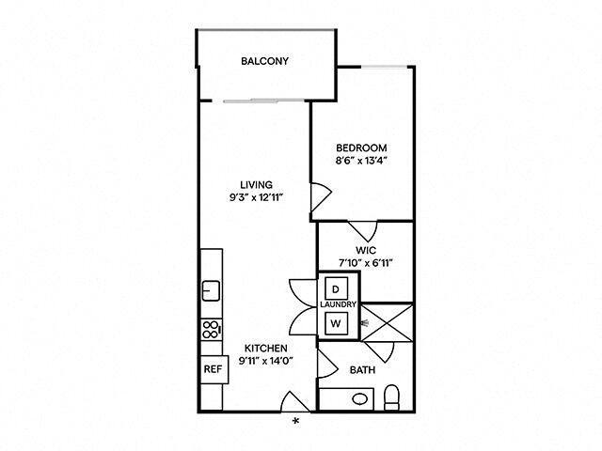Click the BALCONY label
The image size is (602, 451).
click(264, 62)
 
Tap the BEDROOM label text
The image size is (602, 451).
click(362, 148)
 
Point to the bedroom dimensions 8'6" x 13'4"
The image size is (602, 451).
click(362, 161)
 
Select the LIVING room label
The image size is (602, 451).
click(256, 184)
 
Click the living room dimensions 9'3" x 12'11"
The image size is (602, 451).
click(256, 197)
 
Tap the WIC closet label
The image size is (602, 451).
click(366, 250)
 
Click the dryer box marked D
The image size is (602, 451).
click(336, 288)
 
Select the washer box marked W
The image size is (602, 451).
click(336, 324)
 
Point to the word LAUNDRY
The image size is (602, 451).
click(338, 306)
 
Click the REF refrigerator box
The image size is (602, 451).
click(212, 368)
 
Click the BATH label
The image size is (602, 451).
click(362, 370)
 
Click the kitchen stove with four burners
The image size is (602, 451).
click(212, 330)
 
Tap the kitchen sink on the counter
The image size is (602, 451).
click(211, 289)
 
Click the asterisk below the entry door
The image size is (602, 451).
click(296, 420)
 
